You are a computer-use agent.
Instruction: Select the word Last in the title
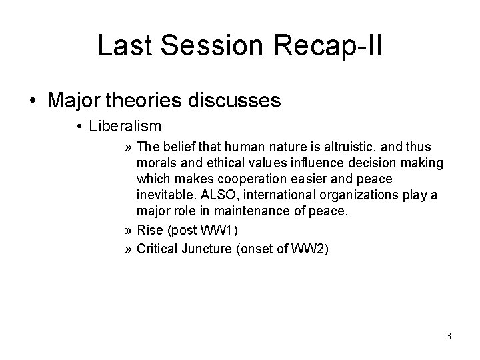click(124, 45)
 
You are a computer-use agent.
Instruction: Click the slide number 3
click(449, 336)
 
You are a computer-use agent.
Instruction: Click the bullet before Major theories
click(33, 101)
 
